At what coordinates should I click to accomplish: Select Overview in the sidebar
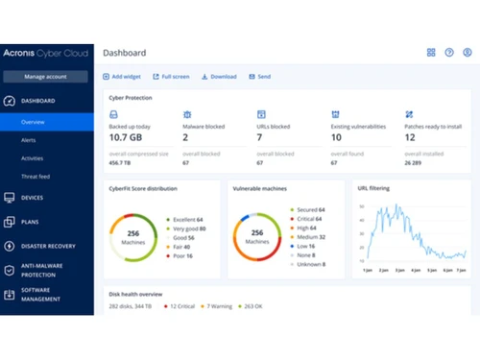point(34,122)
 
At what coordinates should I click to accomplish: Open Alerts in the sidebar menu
point(29,140)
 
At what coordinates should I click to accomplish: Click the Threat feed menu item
point(36,176)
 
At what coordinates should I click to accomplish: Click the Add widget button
point(124,76)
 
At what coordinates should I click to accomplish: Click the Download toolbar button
point(219,76)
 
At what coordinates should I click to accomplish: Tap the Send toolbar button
point(260,76)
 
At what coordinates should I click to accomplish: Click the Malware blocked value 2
point(186,137)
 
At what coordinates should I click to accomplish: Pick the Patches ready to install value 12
point(412,137)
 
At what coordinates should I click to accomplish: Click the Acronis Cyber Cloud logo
point(47,53)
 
